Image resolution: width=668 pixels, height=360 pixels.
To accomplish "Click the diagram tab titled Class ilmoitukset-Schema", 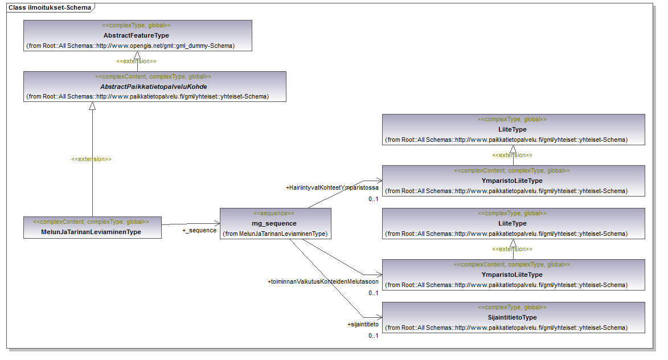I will [x=49, y=7].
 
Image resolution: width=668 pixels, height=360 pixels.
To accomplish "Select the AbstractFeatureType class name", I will [x=136, y=35].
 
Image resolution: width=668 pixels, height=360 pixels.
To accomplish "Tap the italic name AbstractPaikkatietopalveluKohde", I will [x=154, y=87].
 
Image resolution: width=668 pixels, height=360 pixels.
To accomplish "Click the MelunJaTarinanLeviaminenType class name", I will [x=92, y=232].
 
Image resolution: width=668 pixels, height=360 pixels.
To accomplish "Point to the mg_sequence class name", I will [x=274, y=223].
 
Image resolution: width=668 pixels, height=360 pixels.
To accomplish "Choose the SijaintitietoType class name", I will [x=513, y=317].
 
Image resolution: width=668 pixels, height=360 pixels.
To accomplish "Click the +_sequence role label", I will [x=199, y=231].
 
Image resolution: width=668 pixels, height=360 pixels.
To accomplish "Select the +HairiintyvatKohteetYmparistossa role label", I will [x=332, y=187].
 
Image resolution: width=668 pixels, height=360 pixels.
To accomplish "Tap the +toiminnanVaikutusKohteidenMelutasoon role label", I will [x=323, y=281].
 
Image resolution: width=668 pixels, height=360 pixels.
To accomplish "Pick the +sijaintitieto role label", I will [x=363, y=324].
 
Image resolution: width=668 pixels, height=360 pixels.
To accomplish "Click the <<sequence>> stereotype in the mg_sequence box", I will [x=274, y=214].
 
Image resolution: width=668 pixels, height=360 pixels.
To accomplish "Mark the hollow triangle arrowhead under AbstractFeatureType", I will [x=137, y=55].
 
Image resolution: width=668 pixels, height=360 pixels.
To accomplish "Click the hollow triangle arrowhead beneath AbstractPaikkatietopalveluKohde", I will [x=92, y=106].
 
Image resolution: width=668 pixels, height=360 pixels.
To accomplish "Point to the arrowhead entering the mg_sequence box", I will [x=217, y=223].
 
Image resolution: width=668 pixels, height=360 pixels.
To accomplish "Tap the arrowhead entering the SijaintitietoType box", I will [x=378, y=317].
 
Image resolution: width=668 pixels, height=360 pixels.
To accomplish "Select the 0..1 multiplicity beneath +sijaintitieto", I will [x=373, y=336].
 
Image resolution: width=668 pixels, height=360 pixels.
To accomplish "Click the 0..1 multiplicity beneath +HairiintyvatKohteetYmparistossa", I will [x=373, y=199].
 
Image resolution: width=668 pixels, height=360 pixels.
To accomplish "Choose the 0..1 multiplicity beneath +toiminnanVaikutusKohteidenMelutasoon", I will [x=373, y=293].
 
